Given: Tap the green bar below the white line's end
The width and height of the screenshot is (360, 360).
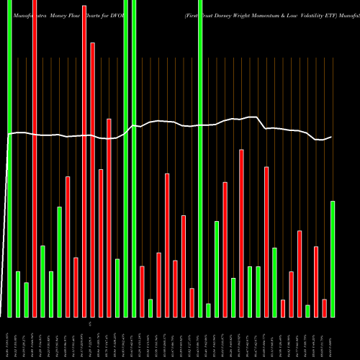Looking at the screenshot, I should point(333,259).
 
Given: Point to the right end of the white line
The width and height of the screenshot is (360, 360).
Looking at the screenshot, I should point(331,137).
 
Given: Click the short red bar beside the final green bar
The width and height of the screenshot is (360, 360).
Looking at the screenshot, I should point(324,308).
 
